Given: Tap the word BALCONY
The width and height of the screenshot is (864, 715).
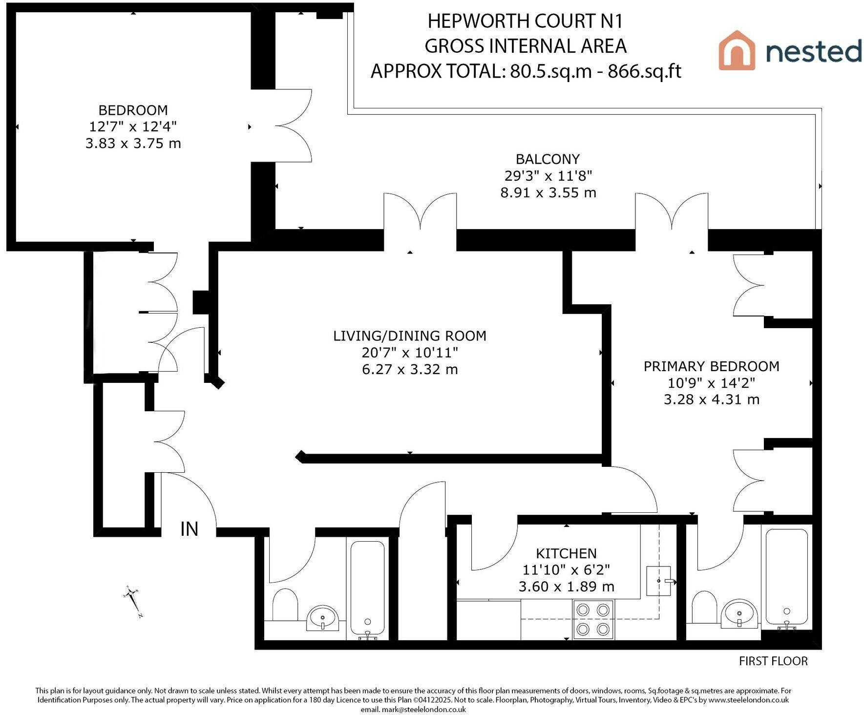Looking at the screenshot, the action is [548, 159].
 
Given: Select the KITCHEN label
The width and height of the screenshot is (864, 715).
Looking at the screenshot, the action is [566, 553].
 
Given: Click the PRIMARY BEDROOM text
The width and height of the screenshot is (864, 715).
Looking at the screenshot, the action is [711, 366].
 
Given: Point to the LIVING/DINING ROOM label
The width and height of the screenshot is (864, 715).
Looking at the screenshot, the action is [410, 336].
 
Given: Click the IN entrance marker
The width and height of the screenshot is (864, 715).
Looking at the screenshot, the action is [190, 529].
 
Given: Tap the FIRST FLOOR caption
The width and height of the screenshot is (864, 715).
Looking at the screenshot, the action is [773, 661].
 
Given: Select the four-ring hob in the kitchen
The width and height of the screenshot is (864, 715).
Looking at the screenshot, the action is [593, 619].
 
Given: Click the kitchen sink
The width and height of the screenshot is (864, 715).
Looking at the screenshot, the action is [659, 581].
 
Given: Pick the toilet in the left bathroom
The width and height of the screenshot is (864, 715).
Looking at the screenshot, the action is [285, 605].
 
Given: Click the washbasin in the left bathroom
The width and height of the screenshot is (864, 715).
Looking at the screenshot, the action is [322, 618].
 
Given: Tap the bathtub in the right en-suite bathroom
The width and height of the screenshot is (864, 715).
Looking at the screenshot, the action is [786, 578].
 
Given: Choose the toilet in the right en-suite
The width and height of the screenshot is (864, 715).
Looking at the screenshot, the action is [704, 607].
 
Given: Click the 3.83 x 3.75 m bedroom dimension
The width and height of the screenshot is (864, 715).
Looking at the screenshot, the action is [133, 144].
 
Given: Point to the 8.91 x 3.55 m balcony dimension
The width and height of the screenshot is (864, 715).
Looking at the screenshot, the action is [548, 192].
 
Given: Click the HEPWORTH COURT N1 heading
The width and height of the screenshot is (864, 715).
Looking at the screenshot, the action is [526, 21].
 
